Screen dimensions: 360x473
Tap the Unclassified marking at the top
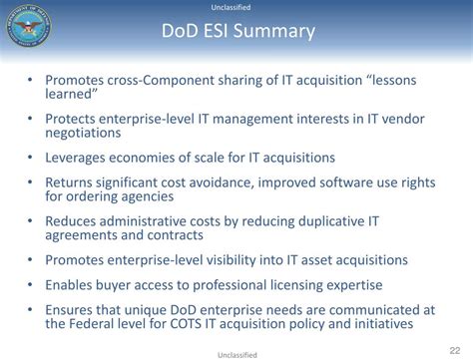236,8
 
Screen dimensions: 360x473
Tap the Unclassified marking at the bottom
236,353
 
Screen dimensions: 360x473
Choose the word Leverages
82,158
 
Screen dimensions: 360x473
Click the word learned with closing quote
72,95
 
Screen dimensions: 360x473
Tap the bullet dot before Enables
31,284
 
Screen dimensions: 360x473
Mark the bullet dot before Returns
31,182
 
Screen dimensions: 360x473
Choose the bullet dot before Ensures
31,309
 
